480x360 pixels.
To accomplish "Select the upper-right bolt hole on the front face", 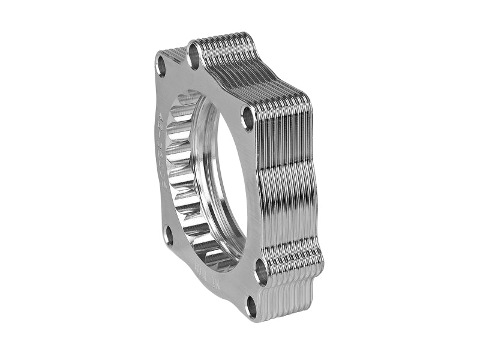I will [x=248, y=119].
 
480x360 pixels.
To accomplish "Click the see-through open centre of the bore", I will [x=231, y=180].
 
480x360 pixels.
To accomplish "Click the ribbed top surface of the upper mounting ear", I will [x=222, y=39].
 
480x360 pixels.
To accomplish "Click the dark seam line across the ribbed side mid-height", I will [x=288, y=170].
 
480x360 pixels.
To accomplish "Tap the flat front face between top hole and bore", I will [x=204, y=78].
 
